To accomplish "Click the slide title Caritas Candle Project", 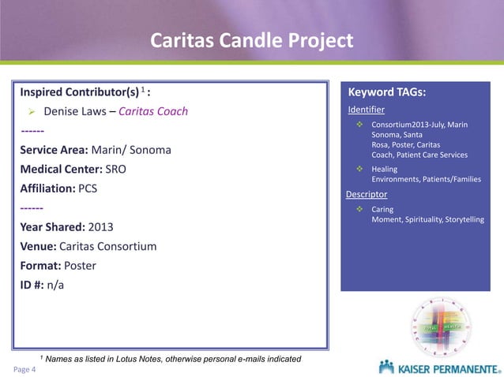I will point(252,41).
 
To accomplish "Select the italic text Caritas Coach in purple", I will point(156,111).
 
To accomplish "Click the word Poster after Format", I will point(79,266).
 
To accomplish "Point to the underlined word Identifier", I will point(367,110).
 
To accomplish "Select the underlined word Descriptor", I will point(367,194).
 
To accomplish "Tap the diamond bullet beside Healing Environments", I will point(359,169).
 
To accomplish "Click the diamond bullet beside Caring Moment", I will point(359,209).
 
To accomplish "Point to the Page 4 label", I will point(23,368).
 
